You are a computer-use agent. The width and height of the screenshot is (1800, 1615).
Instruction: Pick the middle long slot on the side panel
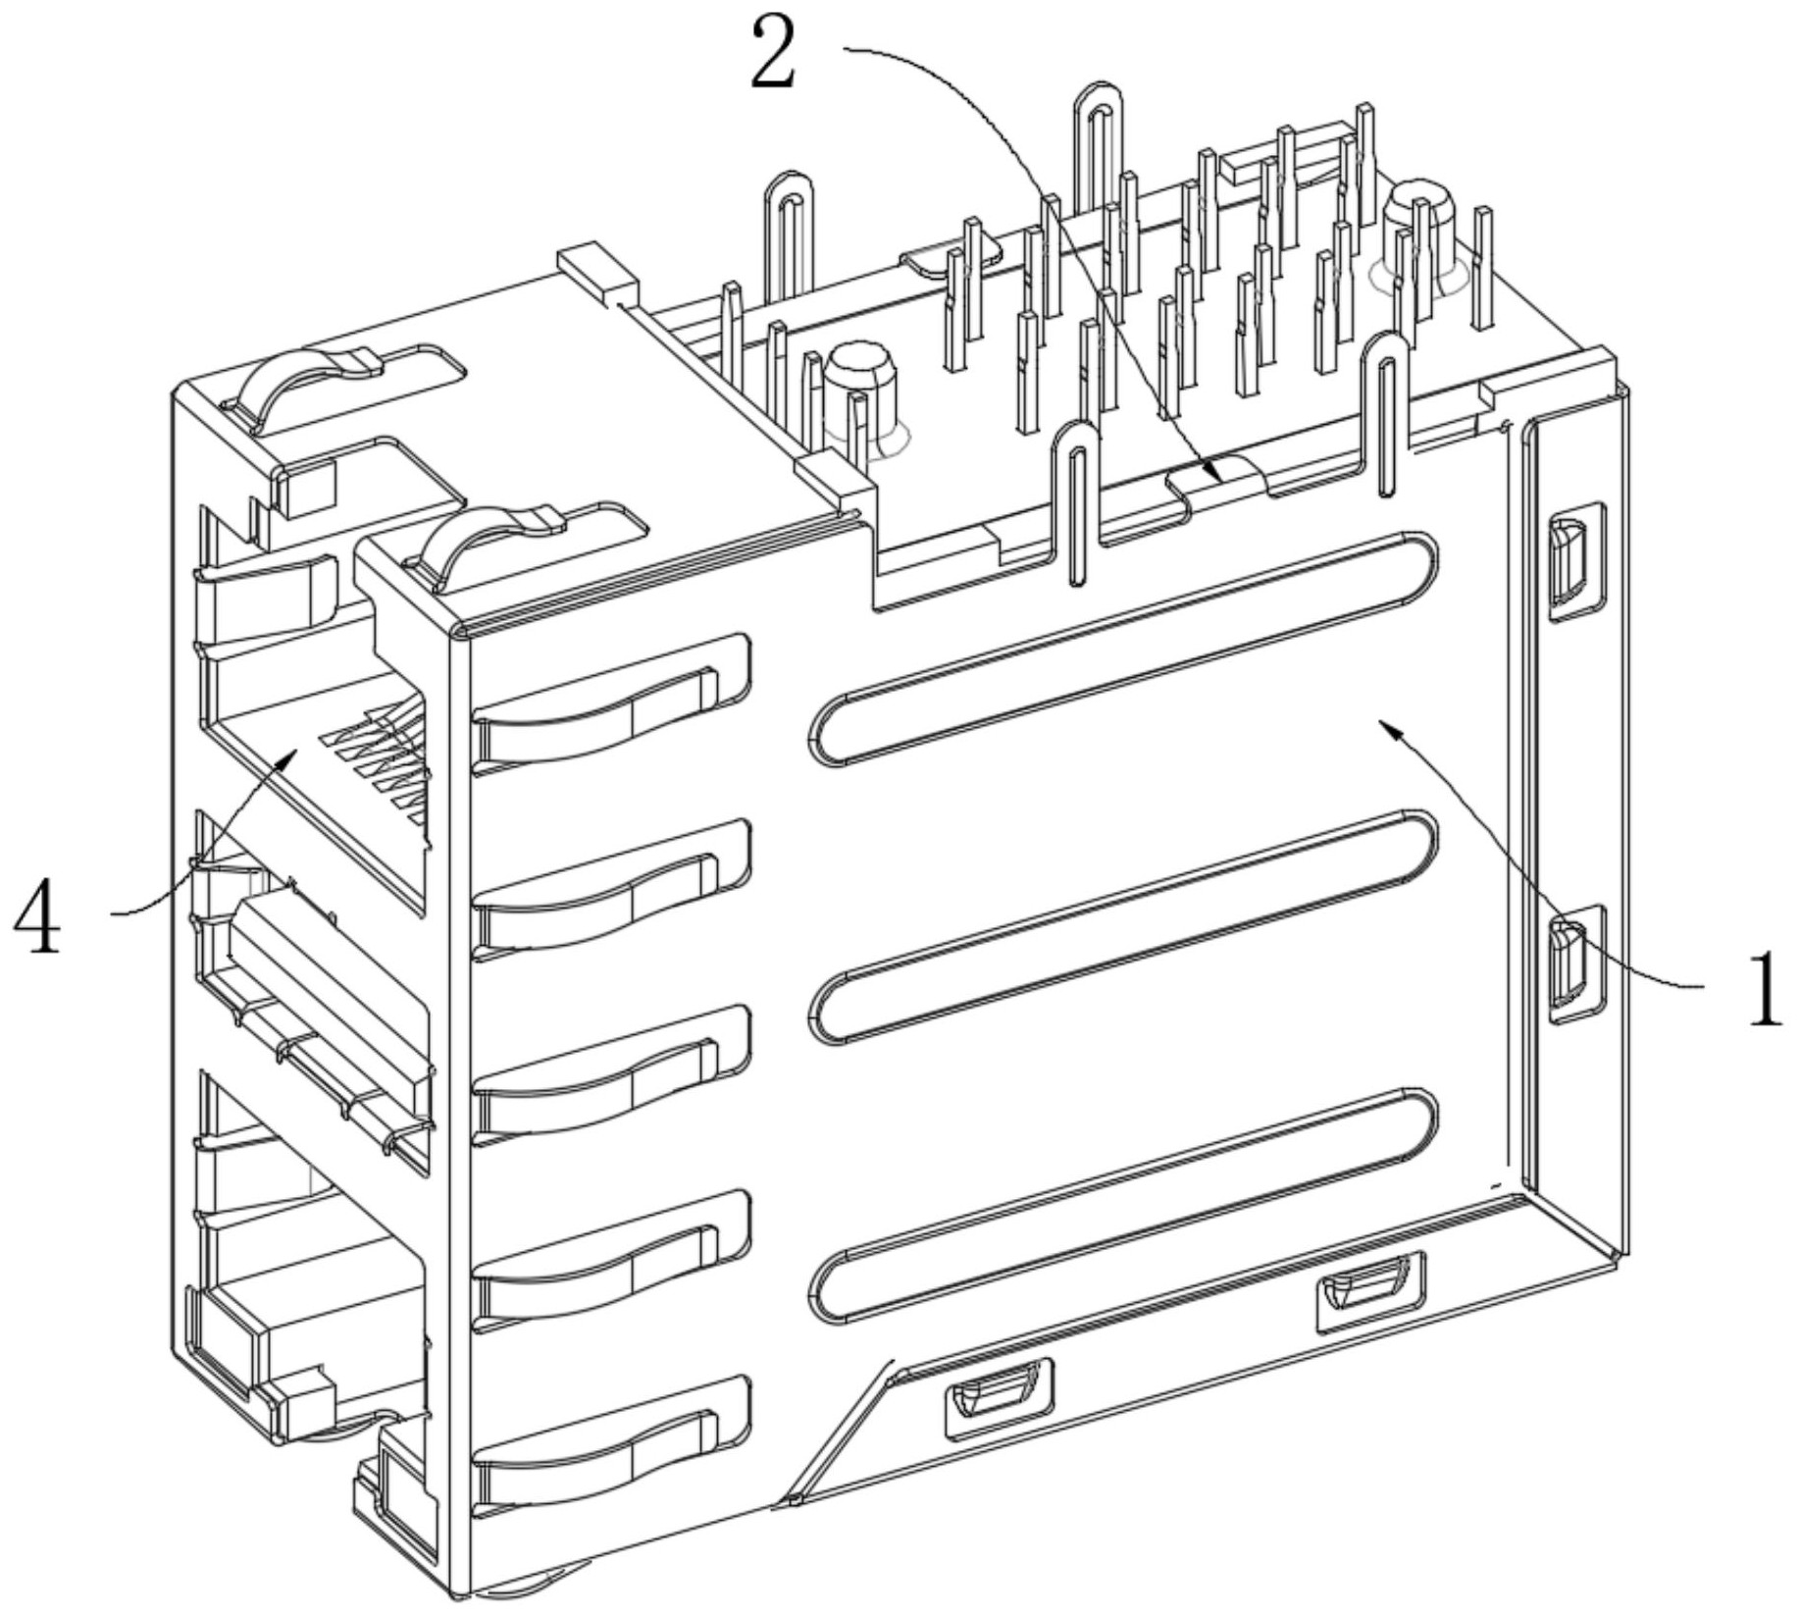pyautogui.click(x=1123, y=927)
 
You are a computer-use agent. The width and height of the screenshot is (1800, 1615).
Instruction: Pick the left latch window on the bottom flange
pyautogui.click(x=999, y=1397)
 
